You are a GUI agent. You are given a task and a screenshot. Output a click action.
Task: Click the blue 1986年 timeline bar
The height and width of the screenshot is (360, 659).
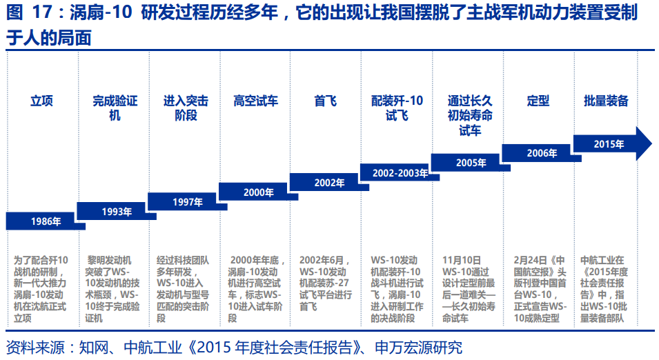point(45,221)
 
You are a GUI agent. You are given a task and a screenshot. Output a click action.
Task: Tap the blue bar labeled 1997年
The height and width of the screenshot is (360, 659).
point(187,202)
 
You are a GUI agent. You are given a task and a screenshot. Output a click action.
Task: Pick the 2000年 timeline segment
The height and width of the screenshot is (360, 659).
point(258,192)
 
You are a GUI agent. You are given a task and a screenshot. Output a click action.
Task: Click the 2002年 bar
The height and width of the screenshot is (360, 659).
point(329,183)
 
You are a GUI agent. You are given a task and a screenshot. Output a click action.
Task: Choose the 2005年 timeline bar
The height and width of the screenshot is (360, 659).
point(471,163)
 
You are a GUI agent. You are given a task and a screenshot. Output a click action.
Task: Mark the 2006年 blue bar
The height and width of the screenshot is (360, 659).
point(541,153)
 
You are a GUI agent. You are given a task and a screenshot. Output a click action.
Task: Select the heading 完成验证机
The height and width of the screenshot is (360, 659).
point(115,108)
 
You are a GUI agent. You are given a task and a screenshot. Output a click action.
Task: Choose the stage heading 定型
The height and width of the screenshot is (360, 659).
point(538,101)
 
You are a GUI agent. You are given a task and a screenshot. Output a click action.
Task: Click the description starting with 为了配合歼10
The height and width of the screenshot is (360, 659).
point(41,289)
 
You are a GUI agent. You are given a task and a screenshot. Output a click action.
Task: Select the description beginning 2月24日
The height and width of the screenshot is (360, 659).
point(540,289)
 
